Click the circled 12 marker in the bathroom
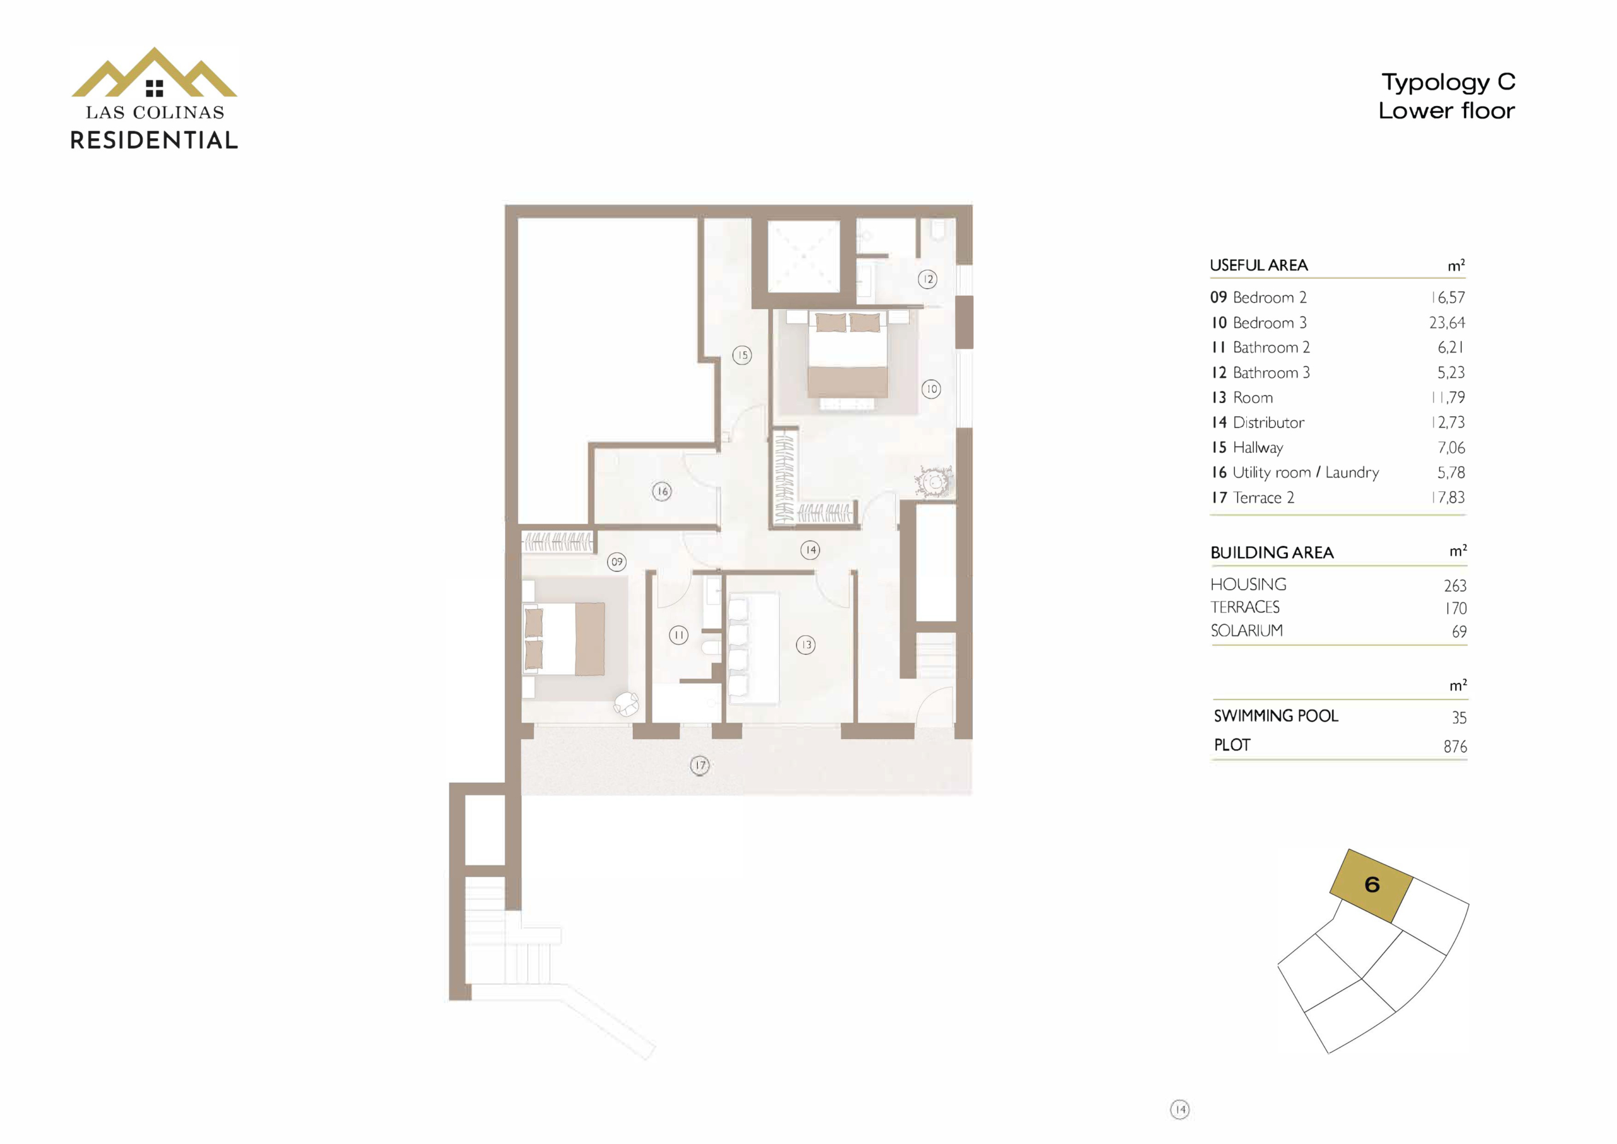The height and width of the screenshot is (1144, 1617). click(x=927, y=280)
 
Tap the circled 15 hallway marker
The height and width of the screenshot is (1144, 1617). click(x=742, y=355)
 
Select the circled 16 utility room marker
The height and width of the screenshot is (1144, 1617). click(x=661, y=491)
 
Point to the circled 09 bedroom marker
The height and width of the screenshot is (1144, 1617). click(x=617, y=562)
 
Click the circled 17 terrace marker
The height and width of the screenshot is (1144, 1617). click(x=699, y=766)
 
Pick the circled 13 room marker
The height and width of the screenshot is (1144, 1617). click(x=806, y=644)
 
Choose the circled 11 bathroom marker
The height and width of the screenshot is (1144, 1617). click(x=678, y=635)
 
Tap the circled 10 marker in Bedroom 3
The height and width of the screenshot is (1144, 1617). click(x=931, y=389)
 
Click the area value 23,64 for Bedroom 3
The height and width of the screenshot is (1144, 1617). click(x=1446, y=323)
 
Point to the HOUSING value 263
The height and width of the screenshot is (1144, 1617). click(x=1455, y=586)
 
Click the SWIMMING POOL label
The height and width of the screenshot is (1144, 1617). click(x=1275, y=716)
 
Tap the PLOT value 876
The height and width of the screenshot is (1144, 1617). click(x=1455, y=746)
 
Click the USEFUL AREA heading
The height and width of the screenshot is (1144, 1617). click(x=1258, y=265)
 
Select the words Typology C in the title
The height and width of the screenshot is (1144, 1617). click(x=1448, y=82)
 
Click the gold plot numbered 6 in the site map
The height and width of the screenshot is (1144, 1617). click(x=1371, y=886)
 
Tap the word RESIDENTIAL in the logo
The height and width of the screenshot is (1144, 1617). click(x=154, y=140)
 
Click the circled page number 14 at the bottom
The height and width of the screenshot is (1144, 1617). click(x=1180, y=1109)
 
